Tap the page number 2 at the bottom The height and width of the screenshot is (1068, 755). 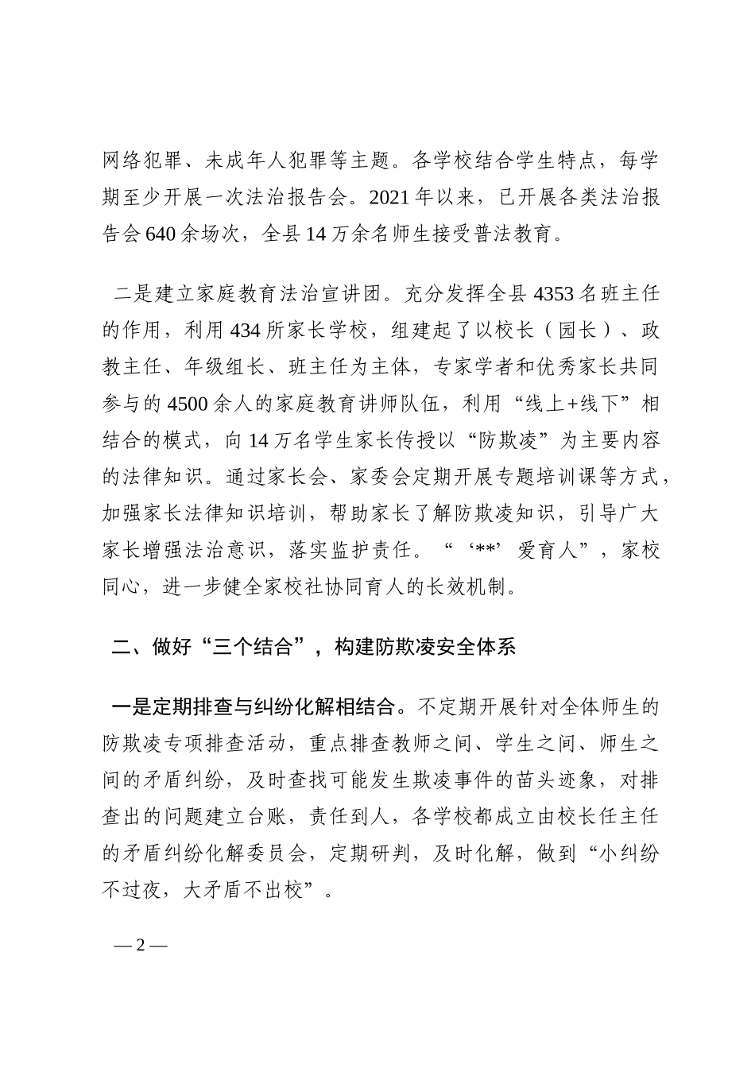click(x=141, y=946)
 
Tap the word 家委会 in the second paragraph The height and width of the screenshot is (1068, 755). click(x=392, y=478)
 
